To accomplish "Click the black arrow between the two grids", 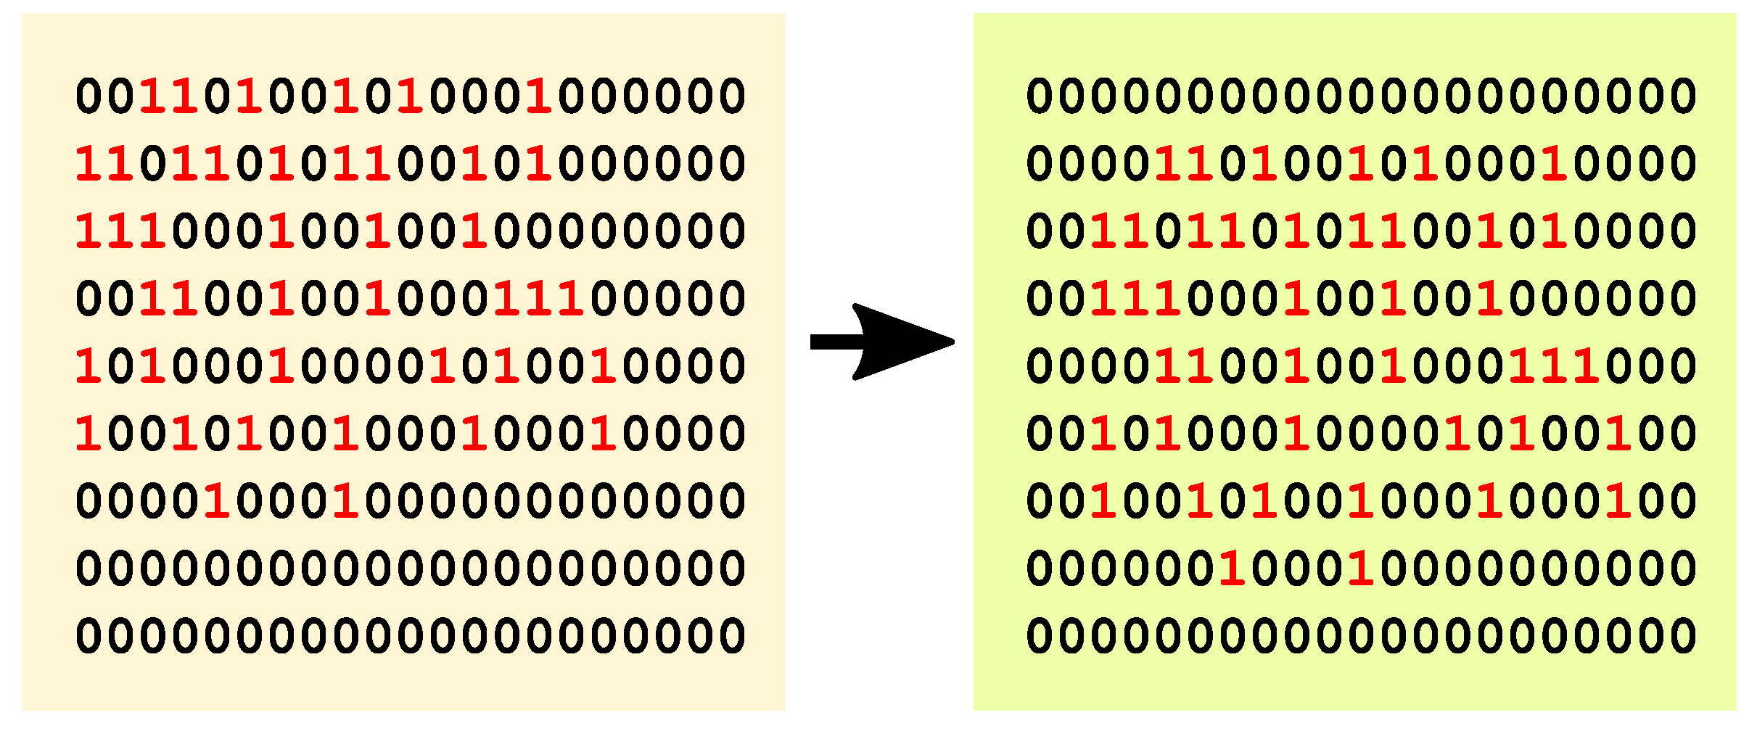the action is coord(881,342).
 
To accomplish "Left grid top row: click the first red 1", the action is coord(153,96).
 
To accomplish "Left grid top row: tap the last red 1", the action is coord(539,96).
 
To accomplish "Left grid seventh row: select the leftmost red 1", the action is coord(217,500).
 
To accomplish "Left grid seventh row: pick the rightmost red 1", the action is coord(346,500).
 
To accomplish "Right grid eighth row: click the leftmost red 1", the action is coord(1232,568).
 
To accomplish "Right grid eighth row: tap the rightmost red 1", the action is coord(1361,568).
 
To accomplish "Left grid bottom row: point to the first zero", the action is coord(89,635).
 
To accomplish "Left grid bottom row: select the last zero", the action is coord(732,635).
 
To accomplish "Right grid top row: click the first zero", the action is coord(1039,96).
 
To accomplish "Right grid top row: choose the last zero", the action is coord(1682,96).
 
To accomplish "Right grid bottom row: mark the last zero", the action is coord(1682,635).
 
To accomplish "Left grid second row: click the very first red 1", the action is coord(89,164).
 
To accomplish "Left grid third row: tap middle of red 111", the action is coord(120,231).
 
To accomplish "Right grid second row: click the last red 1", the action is coord(1554,164).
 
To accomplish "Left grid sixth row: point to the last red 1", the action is coord(604,434).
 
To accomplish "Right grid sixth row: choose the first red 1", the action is coord(1103,434).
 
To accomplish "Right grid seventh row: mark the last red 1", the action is coord(1618,500).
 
